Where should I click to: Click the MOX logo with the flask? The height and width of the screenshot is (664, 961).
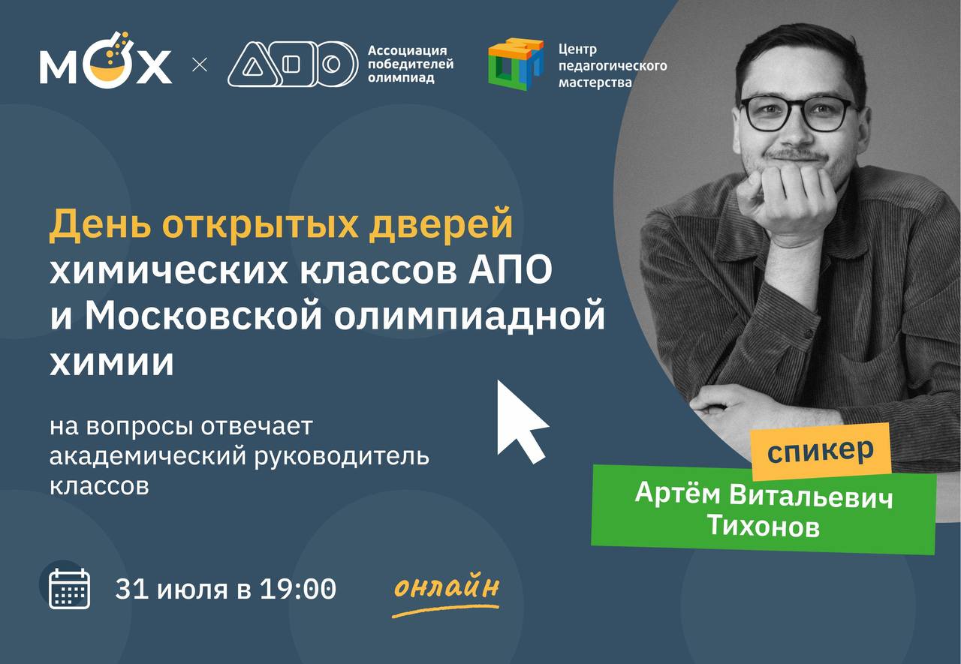[106, 60]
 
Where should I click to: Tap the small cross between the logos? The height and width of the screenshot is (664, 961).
[200, 65]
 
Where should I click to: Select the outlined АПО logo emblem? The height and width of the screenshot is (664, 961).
[293, 65]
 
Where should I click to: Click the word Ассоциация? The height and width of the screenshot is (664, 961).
[407, 50]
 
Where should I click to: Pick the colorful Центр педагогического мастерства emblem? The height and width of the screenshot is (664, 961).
[516, 65]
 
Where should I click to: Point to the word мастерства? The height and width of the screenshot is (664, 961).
[595, 82]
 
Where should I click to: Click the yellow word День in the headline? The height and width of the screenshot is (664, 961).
[100, 224]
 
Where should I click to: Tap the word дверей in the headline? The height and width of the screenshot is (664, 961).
[441, 224]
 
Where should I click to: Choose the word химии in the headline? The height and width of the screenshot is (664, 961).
[112, 362]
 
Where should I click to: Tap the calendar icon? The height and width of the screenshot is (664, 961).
[70, 588]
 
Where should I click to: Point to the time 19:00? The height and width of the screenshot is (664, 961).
[298, 589]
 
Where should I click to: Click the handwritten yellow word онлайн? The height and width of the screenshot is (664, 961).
[447, 587]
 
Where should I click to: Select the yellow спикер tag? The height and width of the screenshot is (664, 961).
[821, 452]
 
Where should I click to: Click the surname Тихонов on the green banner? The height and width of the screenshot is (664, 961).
[764, 525]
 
